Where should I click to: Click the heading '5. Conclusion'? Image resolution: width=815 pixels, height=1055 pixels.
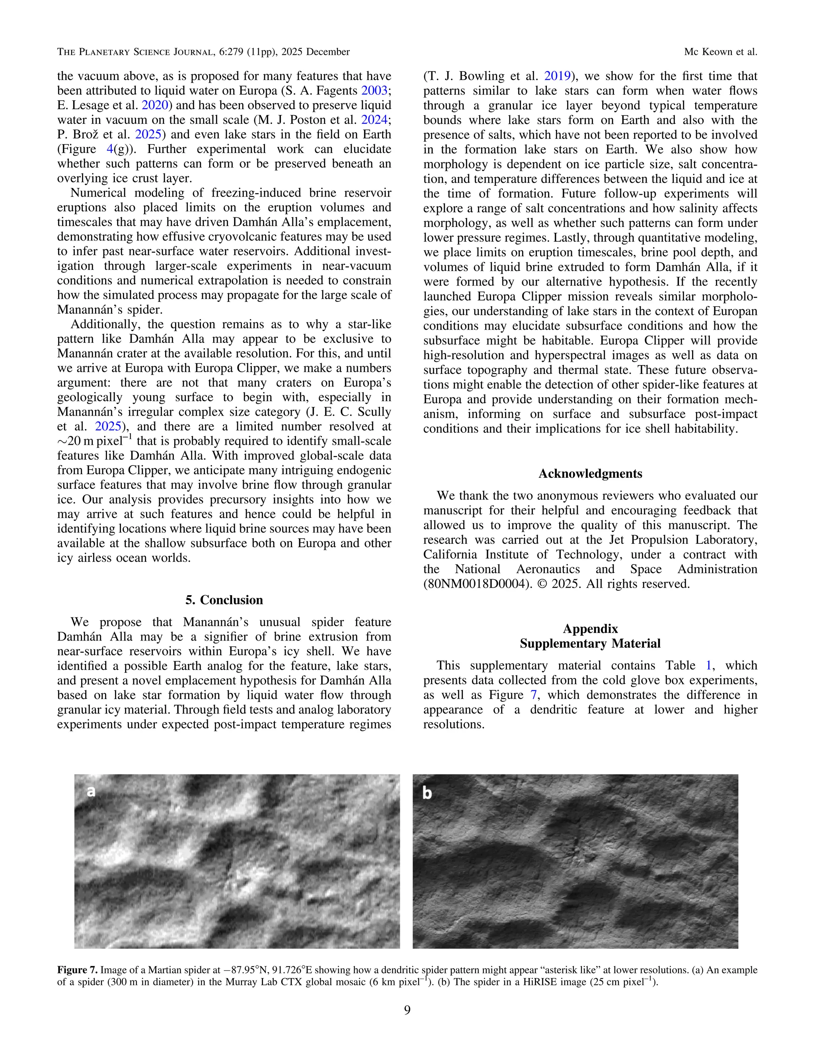[224, 600]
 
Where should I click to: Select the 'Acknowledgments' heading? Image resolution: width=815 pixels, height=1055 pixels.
[590, 473]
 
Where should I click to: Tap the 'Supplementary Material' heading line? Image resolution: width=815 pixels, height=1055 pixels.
[590, 643]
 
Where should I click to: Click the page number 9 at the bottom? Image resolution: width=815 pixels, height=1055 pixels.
[407, 1010]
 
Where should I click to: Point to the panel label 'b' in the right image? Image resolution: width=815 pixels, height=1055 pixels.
[427, 793]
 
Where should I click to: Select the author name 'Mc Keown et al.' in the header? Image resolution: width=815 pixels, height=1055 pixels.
[720, 52]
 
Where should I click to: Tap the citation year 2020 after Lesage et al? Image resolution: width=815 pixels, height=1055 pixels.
[154, 105]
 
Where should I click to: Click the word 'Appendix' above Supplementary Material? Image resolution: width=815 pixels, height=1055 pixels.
[590, 629]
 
